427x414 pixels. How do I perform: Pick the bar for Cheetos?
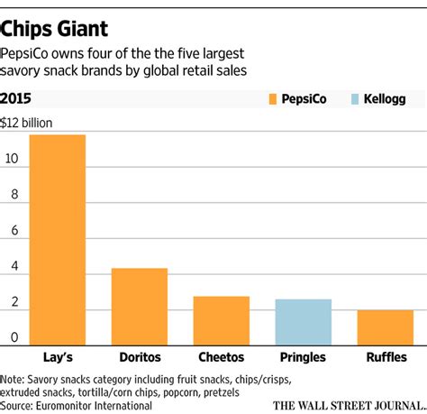point(221,321)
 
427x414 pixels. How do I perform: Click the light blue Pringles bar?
point(303,322)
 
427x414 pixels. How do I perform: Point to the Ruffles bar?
point(385,327)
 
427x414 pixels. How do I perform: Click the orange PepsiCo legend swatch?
point(274,97)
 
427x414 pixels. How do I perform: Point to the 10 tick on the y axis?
point(11,160)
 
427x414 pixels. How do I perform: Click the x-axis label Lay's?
point(58,357)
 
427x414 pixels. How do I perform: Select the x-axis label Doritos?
point(140,357)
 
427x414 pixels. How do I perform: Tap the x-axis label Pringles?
point(303,357)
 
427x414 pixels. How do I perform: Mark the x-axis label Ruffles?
point(385,357)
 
